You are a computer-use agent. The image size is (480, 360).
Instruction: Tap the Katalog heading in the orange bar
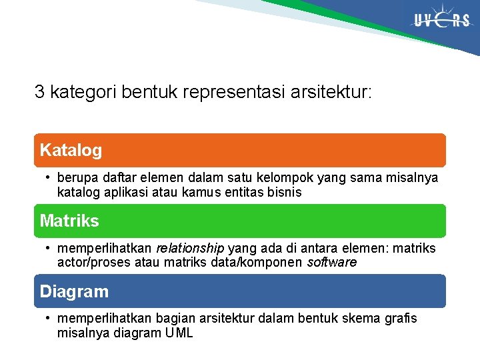tap(71, 151)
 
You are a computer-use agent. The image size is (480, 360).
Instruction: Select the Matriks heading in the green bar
tap(69, 221)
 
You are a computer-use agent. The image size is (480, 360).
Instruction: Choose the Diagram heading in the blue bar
tap(74, 291)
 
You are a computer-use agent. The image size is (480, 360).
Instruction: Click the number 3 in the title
tap(39, 92)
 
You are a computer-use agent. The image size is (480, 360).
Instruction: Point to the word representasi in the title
tap(238, 92)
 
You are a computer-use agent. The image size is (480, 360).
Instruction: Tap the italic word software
tap(331, 263)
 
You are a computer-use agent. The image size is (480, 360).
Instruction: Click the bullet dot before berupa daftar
tap(49, 179)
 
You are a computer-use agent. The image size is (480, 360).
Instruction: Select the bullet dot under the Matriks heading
tap(49, 249)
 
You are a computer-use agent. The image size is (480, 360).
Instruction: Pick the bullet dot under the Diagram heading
tap(49, 319)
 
